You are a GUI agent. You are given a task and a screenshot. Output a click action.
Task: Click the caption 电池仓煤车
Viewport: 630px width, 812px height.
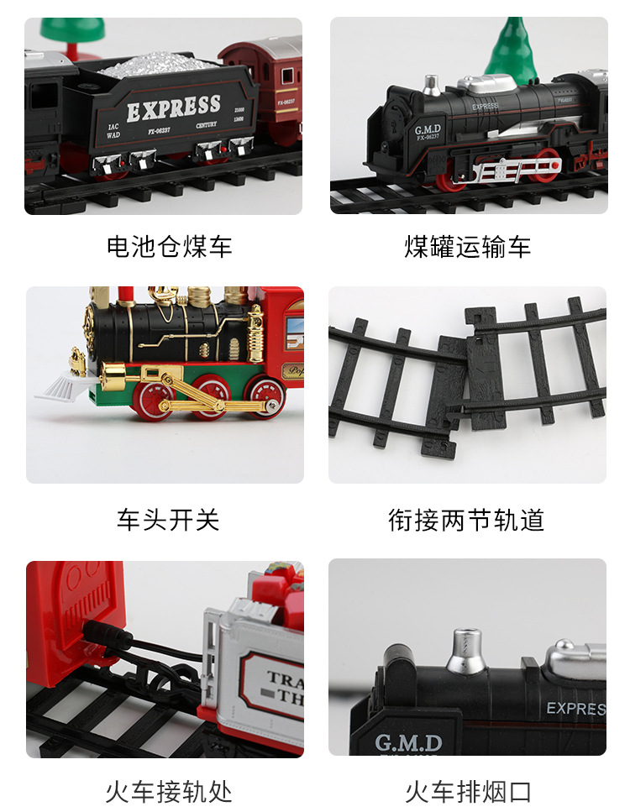coord(169,246)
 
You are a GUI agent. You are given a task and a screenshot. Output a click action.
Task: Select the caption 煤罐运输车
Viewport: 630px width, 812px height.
coord(467,246)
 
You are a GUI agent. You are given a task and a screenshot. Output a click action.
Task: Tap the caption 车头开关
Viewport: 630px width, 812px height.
coord(168,520)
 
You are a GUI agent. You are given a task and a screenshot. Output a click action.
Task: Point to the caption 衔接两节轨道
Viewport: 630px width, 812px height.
coord(466,520)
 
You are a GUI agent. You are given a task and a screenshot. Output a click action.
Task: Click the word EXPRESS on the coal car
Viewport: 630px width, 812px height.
coord(173,108)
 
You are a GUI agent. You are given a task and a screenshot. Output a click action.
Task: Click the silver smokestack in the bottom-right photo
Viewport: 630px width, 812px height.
coord(465,652)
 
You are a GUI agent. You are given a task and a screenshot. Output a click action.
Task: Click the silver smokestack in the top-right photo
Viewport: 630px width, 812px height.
coord(431,86)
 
